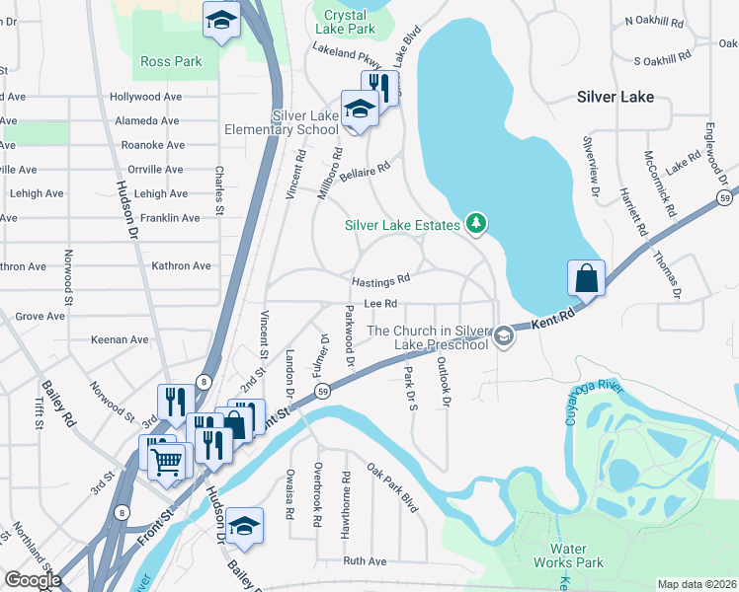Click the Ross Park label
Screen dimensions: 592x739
[x=171, y=61]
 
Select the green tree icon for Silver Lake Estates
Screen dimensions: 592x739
[x=476, y=225]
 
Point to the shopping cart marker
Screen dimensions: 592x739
[x=168, y=458]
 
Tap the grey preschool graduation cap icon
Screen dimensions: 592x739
[x=504, y=337]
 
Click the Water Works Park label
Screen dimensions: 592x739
[x=576, y=555]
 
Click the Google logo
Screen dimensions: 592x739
[x=33, y=580]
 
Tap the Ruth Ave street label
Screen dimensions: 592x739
[x=365, y=560]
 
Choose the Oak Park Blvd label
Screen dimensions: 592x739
[x=392, y=488]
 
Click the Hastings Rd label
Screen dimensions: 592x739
[x=380, y=280]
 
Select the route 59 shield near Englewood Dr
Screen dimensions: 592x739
[x=724, y=198]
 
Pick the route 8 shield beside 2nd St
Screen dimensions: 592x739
[x=203, y=381]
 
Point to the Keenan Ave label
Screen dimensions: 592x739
[x=119, y=339]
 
